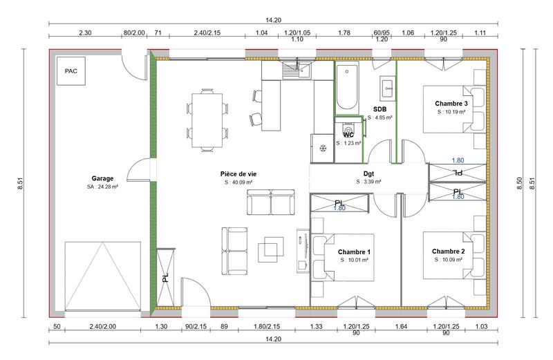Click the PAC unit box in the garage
tap(71, 71)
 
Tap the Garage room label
tap(102, 178)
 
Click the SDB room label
tap(379, 109)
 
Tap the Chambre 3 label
tap(451, 103)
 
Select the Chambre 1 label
tap(355, 252)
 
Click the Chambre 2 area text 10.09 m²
tap(450, 260)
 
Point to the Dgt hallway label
tap(368, 174)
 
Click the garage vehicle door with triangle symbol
tap(103, 275)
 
